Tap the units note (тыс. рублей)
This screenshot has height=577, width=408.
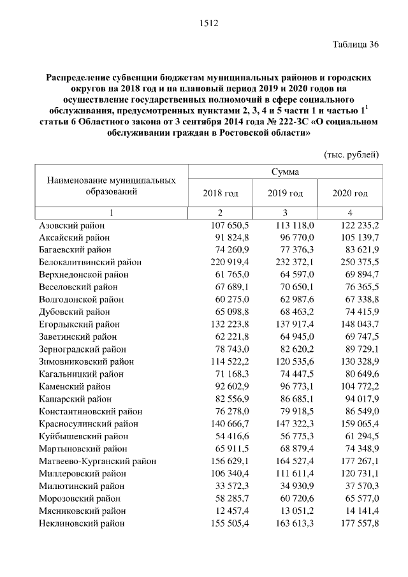coord(352,154)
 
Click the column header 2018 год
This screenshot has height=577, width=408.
coord(220,193)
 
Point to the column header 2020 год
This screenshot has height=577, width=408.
coord(350,193)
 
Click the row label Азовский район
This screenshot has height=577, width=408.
coord(72,225)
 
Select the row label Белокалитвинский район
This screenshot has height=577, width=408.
coord(91,262)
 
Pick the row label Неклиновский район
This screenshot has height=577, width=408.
coord(82,523)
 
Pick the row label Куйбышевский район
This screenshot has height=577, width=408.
coord(84,436)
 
